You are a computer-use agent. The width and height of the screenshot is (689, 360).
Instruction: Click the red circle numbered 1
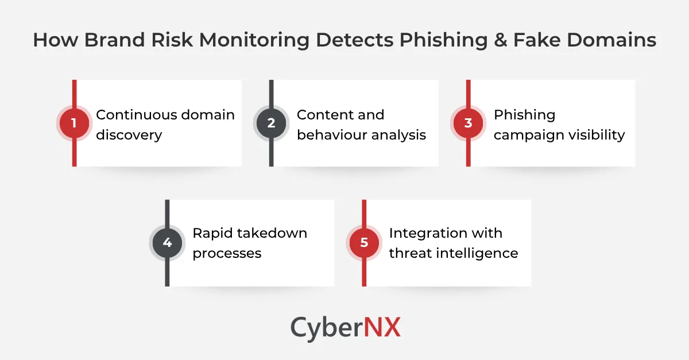(74, 123)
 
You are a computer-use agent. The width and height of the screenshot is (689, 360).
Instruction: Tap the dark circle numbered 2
(271, 123)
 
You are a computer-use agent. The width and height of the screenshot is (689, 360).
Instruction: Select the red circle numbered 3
(468, 123)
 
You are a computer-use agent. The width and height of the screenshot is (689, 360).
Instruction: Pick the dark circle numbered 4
(167, 243)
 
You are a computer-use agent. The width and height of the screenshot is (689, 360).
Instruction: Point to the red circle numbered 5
(364, 243)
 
